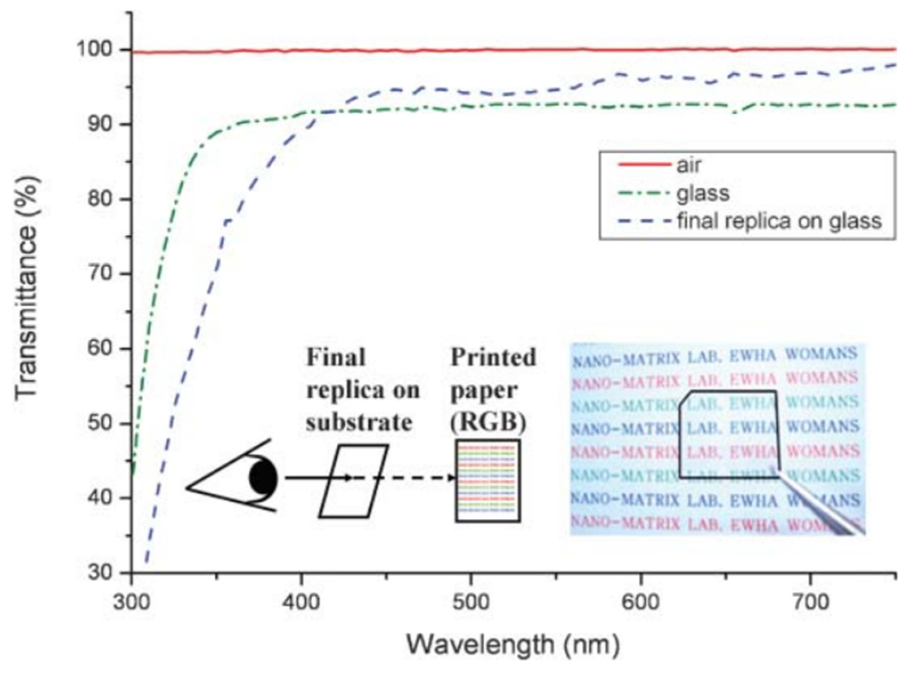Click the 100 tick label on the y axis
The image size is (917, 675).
tap(95, 50)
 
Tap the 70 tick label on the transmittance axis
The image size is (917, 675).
tap(100, 274)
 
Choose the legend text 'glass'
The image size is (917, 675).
tap(703, 193)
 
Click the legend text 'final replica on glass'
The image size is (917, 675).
tap(779, 221)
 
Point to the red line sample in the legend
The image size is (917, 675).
tap(644, 165)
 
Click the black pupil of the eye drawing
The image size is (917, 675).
tap(264, 477)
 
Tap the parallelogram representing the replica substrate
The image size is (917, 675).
tap(353, 481)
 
